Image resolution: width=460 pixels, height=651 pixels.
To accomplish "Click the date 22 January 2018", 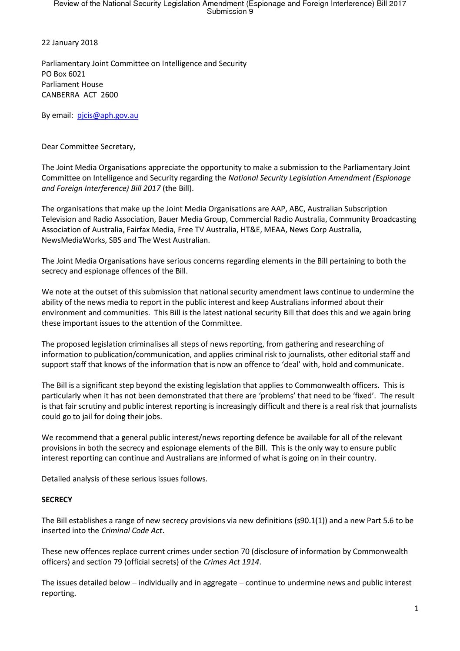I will coord(70,43).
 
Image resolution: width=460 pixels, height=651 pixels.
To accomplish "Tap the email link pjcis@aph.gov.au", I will coord(107,116).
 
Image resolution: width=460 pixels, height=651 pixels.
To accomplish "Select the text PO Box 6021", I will coord(63,74).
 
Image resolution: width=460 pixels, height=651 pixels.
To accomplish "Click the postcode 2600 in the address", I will coord(109,95).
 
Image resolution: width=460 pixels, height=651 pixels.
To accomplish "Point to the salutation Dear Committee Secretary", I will coord(88,147).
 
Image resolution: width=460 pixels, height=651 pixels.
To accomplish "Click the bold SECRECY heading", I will coord(57,500).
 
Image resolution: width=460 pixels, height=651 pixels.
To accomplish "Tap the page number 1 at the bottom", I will coord(417,608).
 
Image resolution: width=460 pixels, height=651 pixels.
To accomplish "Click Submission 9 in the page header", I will coord(230,11).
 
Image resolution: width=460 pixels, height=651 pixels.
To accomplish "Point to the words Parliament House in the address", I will coord(72,84).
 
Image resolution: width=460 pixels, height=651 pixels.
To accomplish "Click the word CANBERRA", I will coord(60,95).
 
